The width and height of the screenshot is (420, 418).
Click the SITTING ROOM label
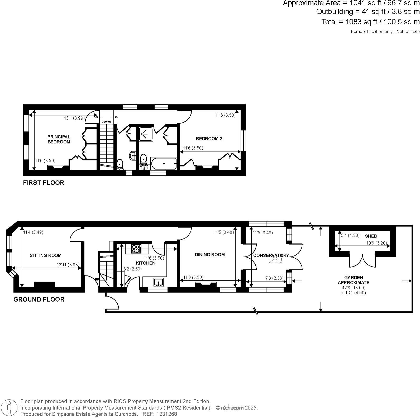[x=45, y=255]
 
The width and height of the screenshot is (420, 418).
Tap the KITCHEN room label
[x=145, y=263]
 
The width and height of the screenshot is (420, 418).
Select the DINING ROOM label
[x=210, y=254]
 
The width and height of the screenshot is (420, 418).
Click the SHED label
[x=371, y=236]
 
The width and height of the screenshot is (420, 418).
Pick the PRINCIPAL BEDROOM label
[x=59, y=139]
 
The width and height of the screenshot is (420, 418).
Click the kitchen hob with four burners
[x=136, y=249]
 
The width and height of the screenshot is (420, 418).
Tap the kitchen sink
[x=158, y=282]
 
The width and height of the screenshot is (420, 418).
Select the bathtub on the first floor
[x=164, y=164]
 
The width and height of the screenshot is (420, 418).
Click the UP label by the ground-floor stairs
[x=97, y=279]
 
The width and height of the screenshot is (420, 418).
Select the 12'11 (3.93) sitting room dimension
[x=68, y=264]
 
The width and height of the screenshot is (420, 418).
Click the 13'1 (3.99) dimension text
[x=74, y=118]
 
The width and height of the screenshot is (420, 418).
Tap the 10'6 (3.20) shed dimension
[x=378, y=243]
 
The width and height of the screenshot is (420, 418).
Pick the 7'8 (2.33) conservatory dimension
[x=274, y=278]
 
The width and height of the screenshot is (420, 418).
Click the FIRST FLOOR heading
[x=44, y=183]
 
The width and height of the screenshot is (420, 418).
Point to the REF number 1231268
[x=168, y=414]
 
